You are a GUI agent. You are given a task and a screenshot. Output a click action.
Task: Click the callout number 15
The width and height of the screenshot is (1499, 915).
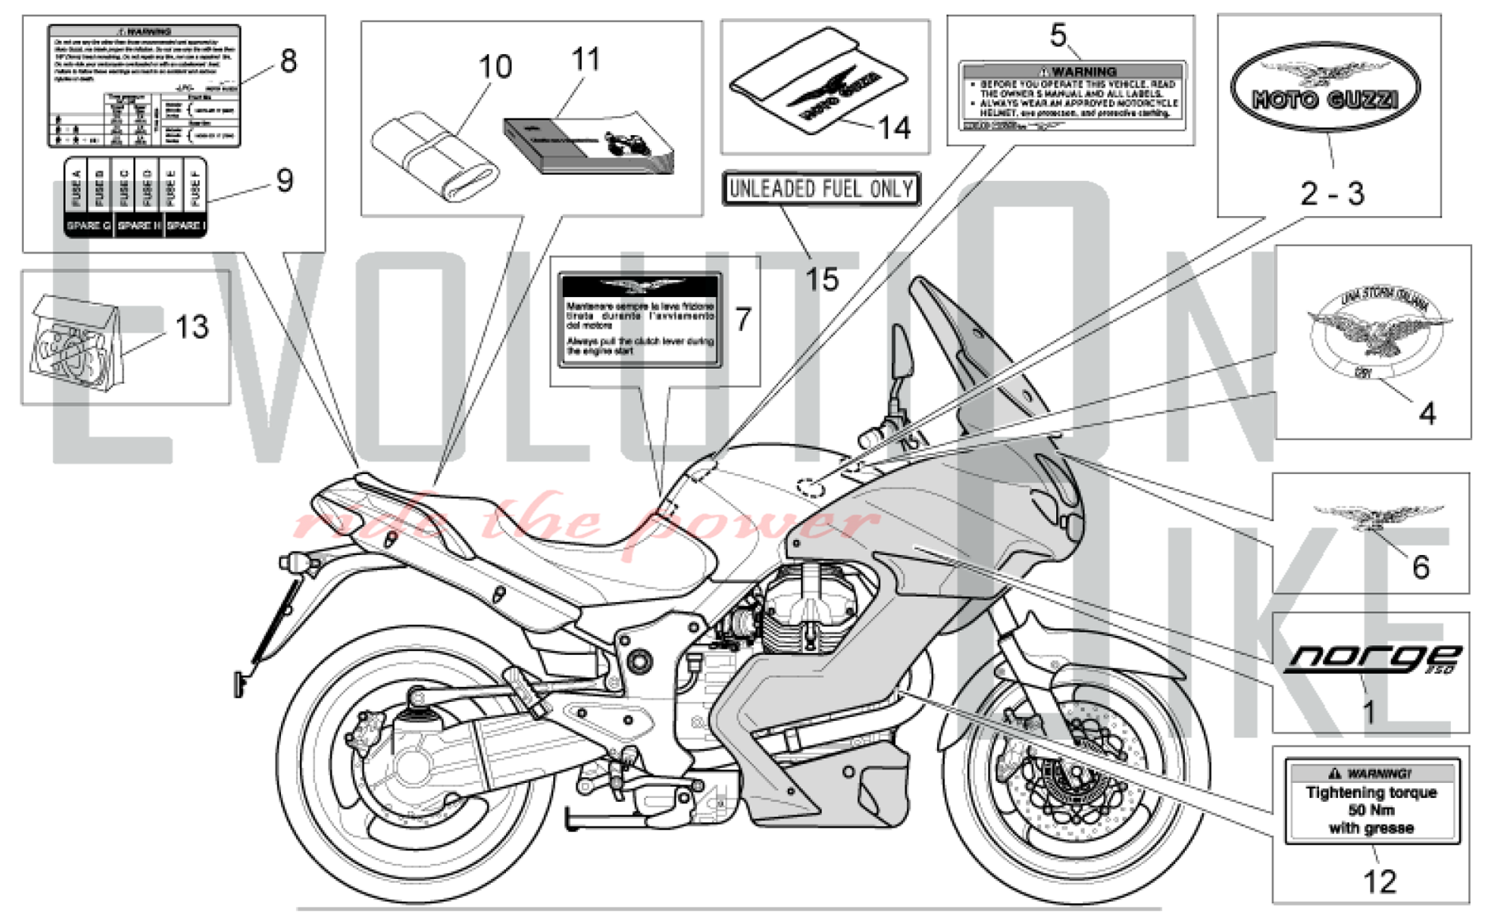pos(821,279)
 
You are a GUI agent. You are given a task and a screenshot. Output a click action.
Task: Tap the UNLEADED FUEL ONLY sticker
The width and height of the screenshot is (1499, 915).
pos(821,188)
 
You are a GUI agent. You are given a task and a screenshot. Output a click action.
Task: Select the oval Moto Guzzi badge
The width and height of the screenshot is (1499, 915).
pos(1324,88)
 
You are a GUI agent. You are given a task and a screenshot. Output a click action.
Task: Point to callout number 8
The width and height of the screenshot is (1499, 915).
pos(289,61)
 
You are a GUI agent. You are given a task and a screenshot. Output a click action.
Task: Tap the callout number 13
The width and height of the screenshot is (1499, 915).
pos(192,327)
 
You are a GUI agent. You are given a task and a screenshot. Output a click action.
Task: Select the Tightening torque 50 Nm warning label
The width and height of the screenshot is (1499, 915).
pos(1372,801)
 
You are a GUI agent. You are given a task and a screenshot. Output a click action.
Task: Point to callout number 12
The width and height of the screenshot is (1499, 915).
pos(1379,882)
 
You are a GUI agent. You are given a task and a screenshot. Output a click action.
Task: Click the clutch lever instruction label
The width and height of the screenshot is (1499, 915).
pos(641,320)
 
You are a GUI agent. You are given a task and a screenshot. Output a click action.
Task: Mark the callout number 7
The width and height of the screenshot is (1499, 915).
pos(743,319)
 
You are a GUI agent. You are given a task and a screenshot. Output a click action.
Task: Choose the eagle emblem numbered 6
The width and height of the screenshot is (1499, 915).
pos(1378,516)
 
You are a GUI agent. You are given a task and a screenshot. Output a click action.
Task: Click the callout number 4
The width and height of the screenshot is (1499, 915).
pos(1427,413)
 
